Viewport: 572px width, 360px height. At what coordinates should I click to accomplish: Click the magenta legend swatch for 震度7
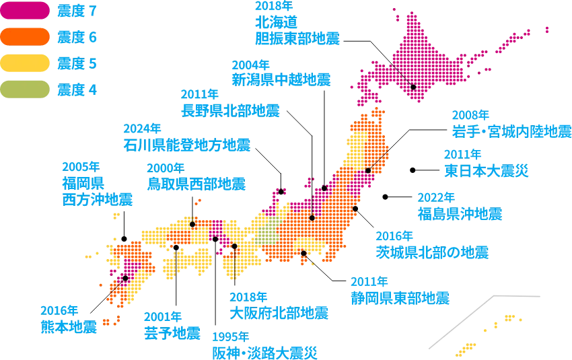pos(25,11)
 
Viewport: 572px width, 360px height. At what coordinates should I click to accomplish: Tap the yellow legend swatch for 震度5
pos(25,63)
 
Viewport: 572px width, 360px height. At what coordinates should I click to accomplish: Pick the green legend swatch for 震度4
pos(25,89)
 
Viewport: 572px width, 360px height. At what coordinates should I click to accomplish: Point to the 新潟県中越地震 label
pos(281,79)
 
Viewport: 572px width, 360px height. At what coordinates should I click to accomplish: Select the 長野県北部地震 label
pos(229,109)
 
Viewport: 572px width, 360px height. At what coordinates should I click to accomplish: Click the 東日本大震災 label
pos(487,170)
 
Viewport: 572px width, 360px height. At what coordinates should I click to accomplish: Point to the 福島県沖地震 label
pos(461,213)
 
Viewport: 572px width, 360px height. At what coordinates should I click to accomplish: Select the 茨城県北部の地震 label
pos(431,252)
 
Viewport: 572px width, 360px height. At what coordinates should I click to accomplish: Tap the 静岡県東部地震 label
pos(400,297)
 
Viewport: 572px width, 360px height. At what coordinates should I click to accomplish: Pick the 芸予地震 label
pos(172,332)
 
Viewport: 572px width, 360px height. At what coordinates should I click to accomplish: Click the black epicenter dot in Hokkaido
pos(413,86)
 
